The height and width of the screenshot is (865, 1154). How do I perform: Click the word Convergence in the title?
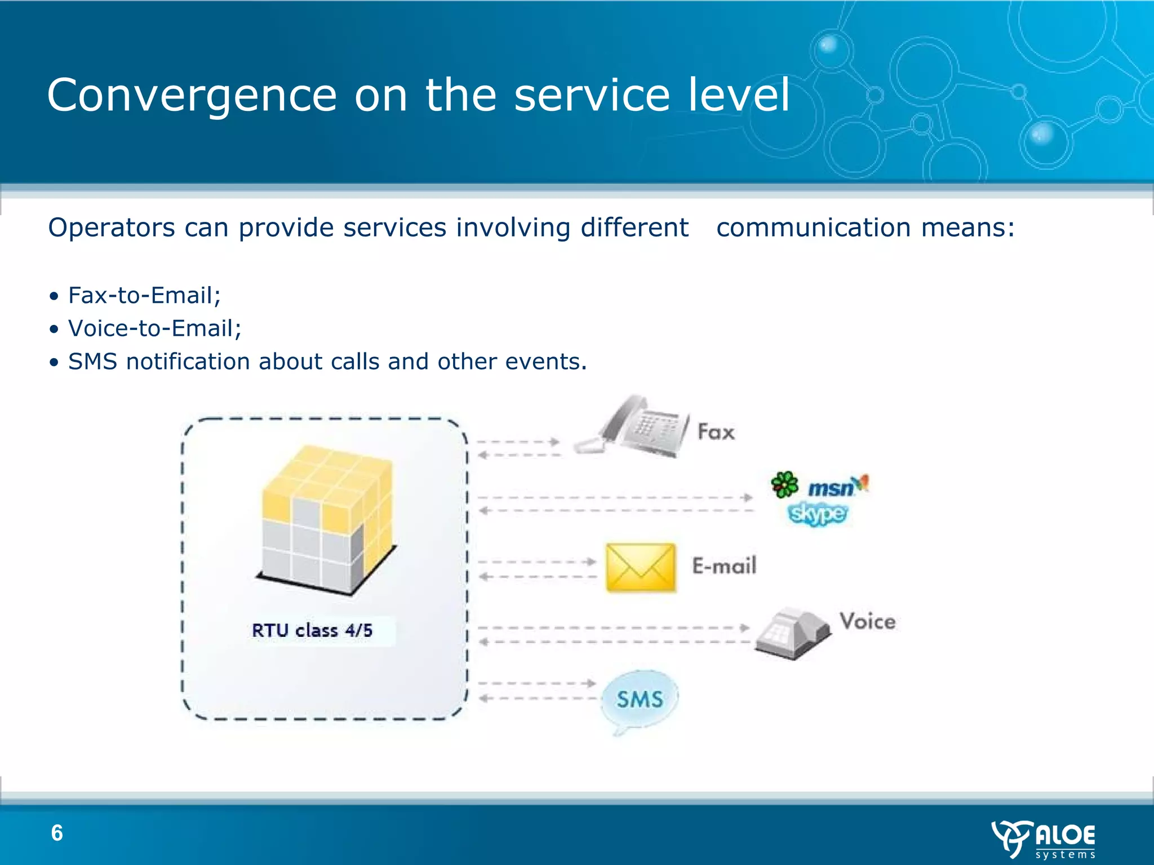pyautogui.click(x=192, y=96)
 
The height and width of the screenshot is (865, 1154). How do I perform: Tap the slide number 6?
pyautogui.click(x=57, y=833)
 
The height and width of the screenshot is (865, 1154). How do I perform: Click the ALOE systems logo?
pyautogui.click(x=1043, y=839)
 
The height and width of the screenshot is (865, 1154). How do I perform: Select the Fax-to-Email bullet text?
pyautogui.click(x=144, y=296)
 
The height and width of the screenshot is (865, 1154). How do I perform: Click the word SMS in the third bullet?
pyautogui.click(x=92, y=362)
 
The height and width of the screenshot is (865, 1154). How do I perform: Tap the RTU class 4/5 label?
pyautogui.click(x=312, y=630)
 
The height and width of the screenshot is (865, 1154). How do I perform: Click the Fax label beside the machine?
pyautogui.click(x=716, y=432)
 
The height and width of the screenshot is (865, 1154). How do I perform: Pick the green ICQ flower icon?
pyautogui.click(x=784, y=484)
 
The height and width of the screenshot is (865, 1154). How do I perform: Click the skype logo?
pyautogui.click(x=817, y=514)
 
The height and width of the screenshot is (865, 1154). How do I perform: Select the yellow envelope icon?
pyautogui.click(x=641, y=568)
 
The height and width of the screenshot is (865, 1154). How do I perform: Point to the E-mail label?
pyautogui.click(x=724, y=566)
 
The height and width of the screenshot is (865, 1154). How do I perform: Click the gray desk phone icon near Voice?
pyautogui.click(x=791, y=634)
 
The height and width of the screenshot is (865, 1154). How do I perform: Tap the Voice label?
pyautogui.click(x=867, y=622)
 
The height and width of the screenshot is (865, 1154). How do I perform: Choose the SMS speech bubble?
pyautogui.click(x=640, y=699)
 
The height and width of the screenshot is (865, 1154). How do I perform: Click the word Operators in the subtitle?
pyautogui.click(x=112, y=228)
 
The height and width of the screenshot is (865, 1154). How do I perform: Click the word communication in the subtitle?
pyautogui.click(x=813, y=228)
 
